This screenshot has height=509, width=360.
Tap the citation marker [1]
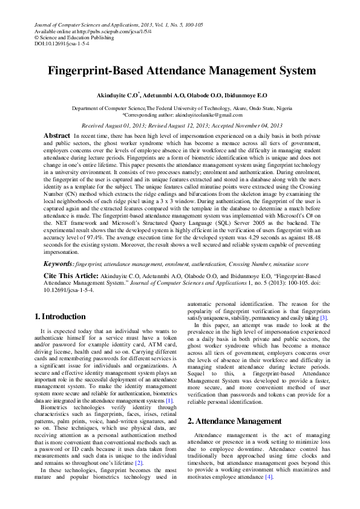170,400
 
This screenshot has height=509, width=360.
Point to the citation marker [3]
324,317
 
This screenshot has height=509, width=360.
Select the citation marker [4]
268,477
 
